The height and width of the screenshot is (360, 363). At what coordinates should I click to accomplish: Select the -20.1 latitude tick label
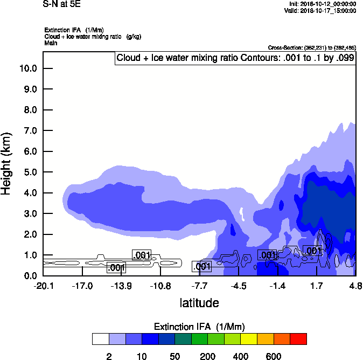pos(43,286)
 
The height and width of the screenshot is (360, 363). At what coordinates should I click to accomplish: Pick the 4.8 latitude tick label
pos(355,286)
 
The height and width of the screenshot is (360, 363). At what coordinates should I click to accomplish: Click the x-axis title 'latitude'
pos(199,303)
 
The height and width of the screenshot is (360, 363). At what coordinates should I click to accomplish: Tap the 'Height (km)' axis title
pos(7,164)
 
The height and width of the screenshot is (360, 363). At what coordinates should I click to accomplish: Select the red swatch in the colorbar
pos(298,339)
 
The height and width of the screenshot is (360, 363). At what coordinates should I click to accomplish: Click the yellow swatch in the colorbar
pos(249,339)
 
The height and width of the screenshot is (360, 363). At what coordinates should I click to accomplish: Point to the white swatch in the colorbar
pos(100,339)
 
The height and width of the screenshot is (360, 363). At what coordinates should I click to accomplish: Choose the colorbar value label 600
pos(274,356)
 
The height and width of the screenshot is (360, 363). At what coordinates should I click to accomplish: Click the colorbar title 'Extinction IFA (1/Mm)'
pos(199,327)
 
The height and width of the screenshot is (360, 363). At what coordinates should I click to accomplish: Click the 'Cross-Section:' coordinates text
pos(311,48)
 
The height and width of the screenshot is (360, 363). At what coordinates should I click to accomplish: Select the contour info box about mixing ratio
pos(235,58)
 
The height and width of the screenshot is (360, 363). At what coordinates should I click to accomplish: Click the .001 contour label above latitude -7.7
pos(201,266)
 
